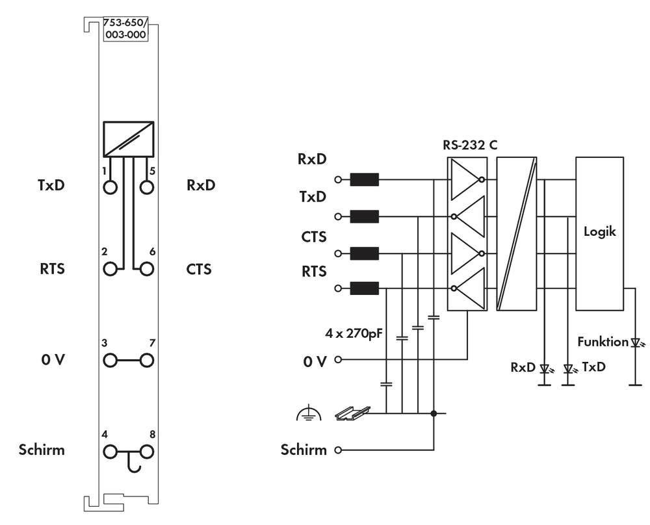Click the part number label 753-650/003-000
click(x=127, y=30)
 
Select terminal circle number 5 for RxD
click(x=147, y=188)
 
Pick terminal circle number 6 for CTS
click(x=147, y=268)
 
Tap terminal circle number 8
click(x=147, y=449)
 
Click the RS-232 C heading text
click(x=470, y=146)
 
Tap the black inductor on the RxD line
click(x=364, y=179)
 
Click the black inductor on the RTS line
click(x=364, y=288)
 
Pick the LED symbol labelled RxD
click(x=545, y=368)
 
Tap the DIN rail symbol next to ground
click(x=352, y=412)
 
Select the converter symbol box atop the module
click(x=128, y=138)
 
